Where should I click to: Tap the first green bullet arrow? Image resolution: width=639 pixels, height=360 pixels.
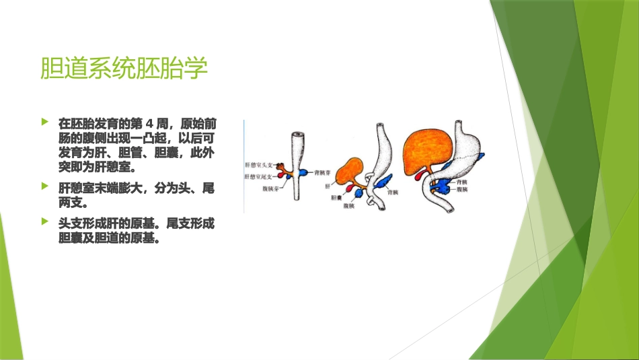[45, 122]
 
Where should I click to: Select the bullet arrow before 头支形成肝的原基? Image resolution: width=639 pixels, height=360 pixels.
[45, 221]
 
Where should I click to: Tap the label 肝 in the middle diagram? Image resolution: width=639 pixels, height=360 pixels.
[328, 185]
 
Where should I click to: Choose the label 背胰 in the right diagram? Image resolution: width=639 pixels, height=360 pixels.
[461, 182]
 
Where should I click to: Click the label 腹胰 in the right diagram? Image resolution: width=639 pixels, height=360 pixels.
[461, 190]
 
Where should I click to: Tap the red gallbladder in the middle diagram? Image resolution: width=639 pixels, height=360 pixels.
[350, 188]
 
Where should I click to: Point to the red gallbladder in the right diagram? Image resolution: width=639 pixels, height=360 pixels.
[421, 176]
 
